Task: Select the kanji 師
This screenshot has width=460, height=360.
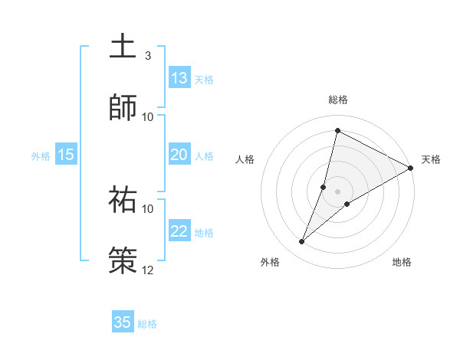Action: pos(123,106)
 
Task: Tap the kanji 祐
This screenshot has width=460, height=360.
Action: pos(123,199)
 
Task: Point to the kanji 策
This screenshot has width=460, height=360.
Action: pos(123,260)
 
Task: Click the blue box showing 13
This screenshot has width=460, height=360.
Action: pos(179,78)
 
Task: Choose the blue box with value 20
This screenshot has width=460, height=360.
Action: pos(179,155)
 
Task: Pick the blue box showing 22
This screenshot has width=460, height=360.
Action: pos(179,232)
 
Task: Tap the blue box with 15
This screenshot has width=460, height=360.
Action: pos(66,155)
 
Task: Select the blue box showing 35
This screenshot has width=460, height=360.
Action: pos(123,322)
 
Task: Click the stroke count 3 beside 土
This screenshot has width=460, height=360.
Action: pos(148,56)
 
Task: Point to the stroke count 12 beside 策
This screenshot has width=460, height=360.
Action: pos(148,270)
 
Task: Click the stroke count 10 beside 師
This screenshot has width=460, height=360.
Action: pos(148,116)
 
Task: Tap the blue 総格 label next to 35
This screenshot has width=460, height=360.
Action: pos(147,324)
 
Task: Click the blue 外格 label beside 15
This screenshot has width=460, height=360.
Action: pos(41,156)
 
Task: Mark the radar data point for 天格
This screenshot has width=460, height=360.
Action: pos(411,168)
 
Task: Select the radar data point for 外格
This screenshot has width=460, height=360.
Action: pos(302,242)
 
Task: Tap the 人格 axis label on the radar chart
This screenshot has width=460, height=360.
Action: pos(245,160)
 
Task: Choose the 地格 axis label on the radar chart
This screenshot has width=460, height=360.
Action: pos(402,263)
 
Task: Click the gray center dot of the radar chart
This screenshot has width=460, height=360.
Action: pos(338,191)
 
